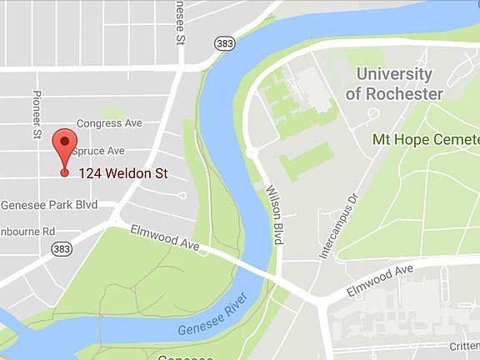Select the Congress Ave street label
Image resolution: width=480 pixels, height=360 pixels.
point(109,123)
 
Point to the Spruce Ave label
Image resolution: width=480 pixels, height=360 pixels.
point(98,151)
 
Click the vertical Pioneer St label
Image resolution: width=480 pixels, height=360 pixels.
point(37,115)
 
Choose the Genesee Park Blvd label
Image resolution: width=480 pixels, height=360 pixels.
point(49,205)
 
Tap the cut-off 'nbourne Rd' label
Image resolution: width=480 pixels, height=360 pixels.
point(27,230)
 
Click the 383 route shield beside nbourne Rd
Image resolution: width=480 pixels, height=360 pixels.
point(60,248)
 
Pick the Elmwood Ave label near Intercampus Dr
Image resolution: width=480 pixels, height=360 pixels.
point(382,279)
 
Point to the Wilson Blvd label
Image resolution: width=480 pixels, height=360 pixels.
point(275,215)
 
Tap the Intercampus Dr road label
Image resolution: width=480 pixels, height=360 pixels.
point(337,222)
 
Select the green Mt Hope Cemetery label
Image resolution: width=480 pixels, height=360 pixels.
point(426,138)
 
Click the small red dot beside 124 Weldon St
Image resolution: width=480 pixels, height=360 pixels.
point(65,173)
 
